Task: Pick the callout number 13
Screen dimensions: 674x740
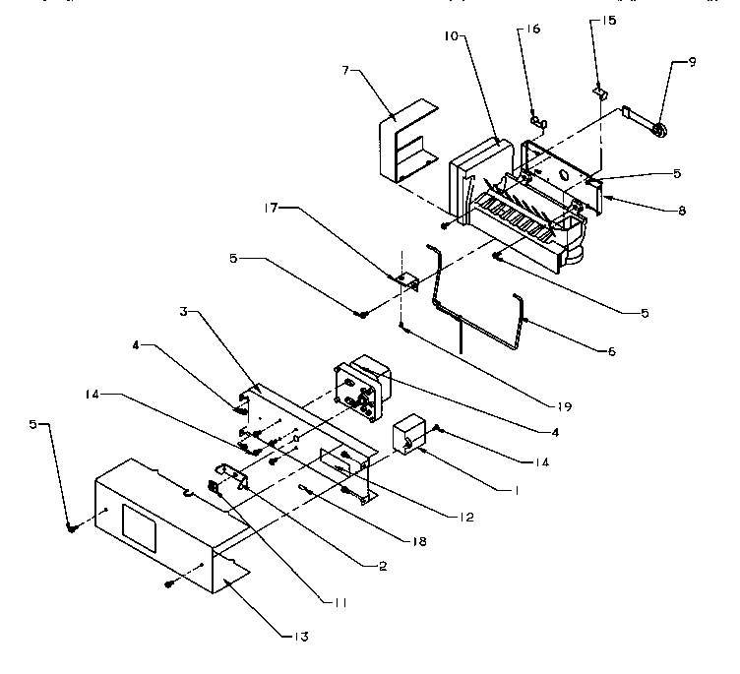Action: click(x=297, y=637)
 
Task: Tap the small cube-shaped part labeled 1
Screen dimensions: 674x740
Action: click(x=409, y=435)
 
